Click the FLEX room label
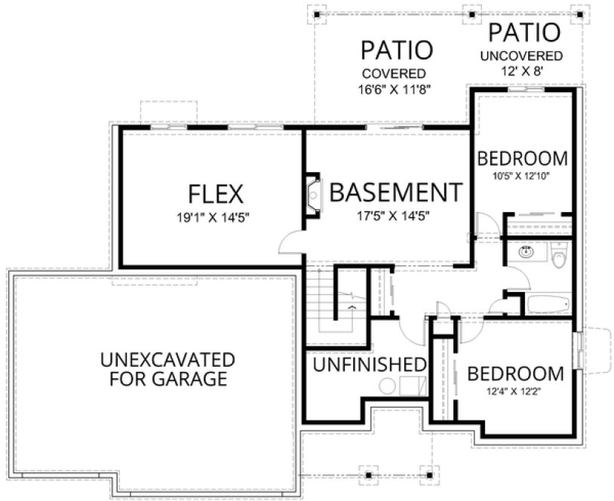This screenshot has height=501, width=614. click(x=216, y=194)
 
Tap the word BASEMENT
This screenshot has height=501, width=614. click(x=395, y=192)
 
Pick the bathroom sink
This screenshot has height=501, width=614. click(x=526, y=252)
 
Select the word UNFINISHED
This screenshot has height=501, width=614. click(x=369, y=365)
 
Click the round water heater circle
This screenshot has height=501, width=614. click(x=386, y=386)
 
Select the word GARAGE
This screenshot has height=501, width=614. click(x=192, y=379)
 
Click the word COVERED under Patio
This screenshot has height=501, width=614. click(x=393, y=74)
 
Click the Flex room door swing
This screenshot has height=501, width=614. click(x=291, y=242)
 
